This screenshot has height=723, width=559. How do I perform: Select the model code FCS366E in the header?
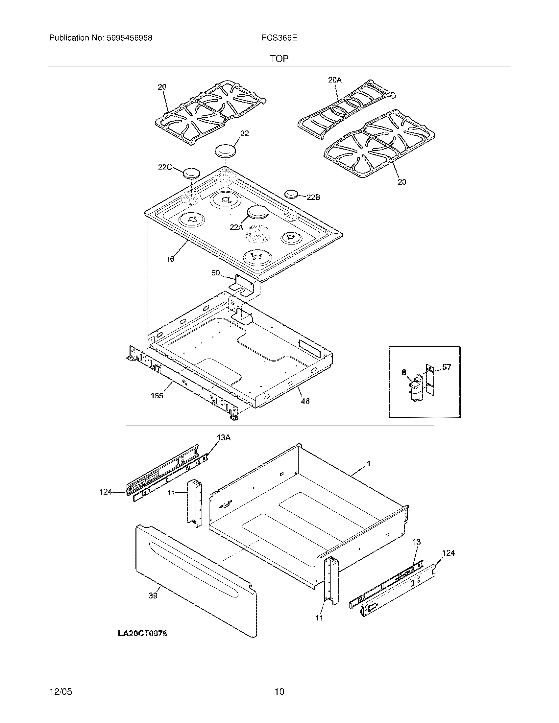[x=279, y=38]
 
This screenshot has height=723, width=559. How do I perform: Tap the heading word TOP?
[x=279, y=59]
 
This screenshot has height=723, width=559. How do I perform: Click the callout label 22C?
[x=165, y=167]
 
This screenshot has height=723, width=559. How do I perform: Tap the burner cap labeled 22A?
[x=258, y=212]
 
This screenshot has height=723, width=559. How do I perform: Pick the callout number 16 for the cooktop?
[x=170, y=259]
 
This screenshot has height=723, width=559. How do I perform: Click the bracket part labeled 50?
[x=244, y=284]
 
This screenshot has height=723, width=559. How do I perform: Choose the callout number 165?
[x=157, y=396]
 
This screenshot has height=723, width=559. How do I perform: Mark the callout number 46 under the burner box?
[x=305, y=401]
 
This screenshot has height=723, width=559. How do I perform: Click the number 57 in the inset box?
[x=447, y=367]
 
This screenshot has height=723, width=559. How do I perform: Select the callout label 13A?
[x=224, y=438]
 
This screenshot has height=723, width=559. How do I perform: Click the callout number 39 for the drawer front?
[x=153, y=595]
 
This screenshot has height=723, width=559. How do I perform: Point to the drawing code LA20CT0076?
[x=143, y=634]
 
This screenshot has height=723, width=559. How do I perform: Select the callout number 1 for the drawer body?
[x=369, y=464]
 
